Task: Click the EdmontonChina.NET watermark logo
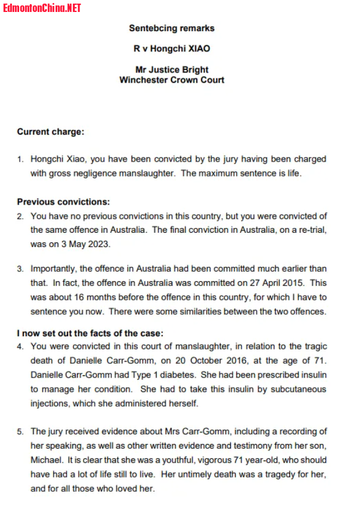pos(42,8)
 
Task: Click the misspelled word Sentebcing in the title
pos(150,28)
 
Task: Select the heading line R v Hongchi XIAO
pos(172,49)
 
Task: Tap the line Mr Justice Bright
pos(172,69)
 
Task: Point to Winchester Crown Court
pos(172,80)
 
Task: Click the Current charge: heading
pos(51,132)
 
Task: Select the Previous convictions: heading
pos(63,202)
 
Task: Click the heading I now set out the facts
pos(90,333)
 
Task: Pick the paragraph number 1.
pos(20,159)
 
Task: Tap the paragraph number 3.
pos(20,269)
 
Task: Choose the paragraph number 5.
pos(20,431)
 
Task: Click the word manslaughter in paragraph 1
pos(150,174)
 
